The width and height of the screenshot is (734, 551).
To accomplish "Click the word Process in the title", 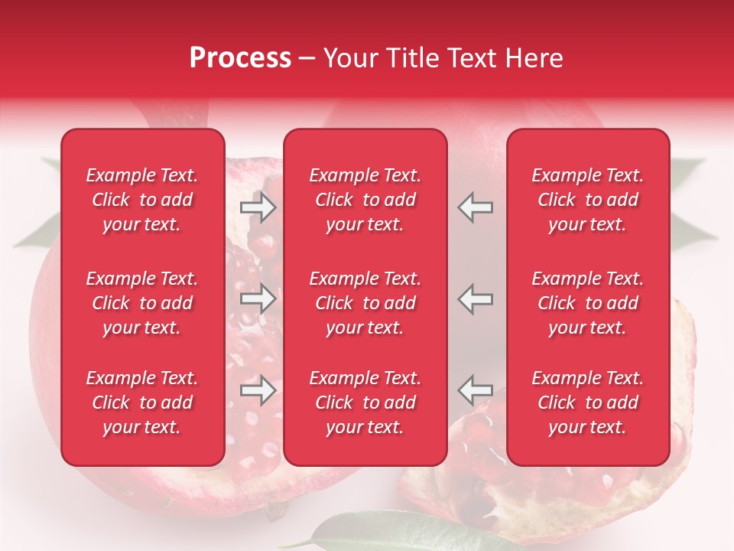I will tap(240, 58).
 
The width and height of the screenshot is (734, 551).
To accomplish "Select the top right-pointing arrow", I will tap(258, 207).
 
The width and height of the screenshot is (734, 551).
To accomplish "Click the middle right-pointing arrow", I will tap(258, 298).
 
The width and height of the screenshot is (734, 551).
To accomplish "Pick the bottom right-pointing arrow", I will tap(258, 391).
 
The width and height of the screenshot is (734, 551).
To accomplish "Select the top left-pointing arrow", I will tap(476, 207).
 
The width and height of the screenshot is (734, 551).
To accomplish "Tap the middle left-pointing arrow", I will tap(476, 298).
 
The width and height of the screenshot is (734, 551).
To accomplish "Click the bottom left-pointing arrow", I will tap(476, 390).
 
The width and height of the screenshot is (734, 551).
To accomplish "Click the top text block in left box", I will tap(142, 200).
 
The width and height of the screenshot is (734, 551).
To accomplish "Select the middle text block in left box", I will tap(142, 303).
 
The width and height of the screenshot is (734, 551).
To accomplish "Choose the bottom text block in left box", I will tap(142, 403).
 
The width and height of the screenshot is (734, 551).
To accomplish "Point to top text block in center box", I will tap(365, 200).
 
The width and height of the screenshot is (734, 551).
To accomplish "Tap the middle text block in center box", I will tap(365, 303).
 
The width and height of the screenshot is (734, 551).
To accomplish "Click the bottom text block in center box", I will tap(365, 403).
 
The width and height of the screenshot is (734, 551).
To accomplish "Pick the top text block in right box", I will tap(588, 200).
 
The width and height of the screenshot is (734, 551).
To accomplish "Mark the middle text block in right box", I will tap(588, 303).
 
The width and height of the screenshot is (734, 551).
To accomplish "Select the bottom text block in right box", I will tap(588, 403).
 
